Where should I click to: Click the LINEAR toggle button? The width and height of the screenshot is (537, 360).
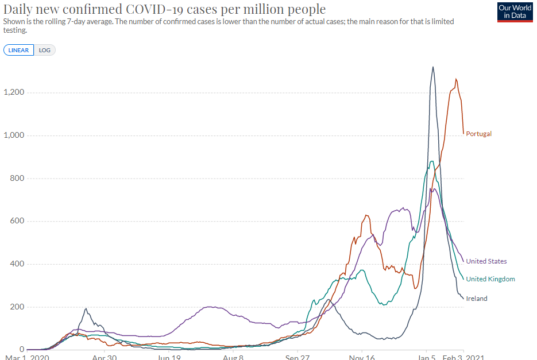[x=19, y=50]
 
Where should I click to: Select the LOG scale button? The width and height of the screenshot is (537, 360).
[x=45, y=50]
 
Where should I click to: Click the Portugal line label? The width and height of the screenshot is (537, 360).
[x=479, y=134]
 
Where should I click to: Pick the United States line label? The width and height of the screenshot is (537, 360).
[x=486, y=261]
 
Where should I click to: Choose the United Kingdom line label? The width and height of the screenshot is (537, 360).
[x=490, y=279]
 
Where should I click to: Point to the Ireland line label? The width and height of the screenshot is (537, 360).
[x=477, y=299]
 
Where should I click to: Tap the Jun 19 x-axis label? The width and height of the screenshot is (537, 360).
[x=169, y=357]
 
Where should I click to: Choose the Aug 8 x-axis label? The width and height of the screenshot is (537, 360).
[x=233, y=357]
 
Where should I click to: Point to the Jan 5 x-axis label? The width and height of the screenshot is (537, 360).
[x=426, y=357]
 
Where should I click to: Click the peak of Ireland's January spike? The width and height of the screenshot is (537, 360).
[x=432, y=67]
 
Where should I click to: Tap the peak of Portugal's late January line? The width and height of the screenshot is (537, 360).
[x=456, y=79]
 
